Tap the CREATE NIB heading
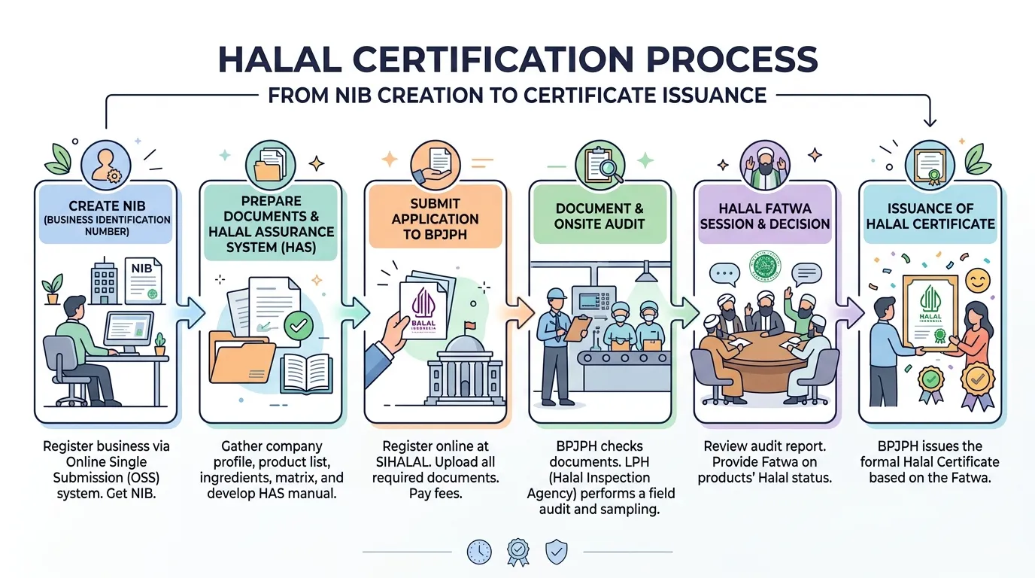click(107, 205)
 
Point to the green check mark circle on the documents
click(298, 326)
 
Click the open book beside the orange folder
click(306, 373)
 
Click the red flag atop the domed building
click(470, 326)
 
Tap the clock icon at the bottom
click(479, 552)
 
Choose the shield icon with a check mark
click(557, 552)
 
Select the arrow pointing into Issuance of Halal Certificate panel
click(850, 312)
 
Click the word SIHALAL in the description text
click(402, 462)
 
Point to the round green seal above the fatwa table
click(765, 266)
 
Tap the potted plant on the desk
click(160, 344)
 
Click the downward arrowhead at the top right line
click(930, 122)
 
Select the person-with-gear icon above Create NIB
click(106, 165)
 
